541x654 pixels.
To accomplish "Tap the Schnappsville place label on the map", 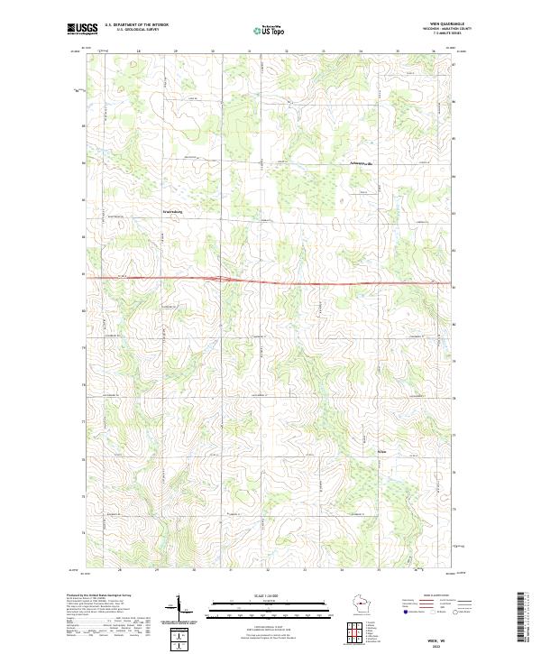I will [361, 162].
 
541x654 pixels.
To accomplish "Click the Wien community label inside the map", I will [382, 452].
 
